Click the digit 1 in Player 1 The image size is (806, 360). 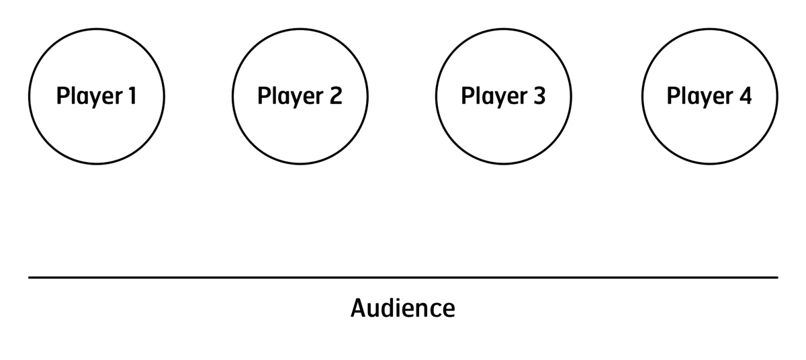132,95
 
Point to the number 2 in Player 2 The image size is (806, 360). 336,95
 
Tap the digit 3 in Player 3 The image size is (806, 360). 539,95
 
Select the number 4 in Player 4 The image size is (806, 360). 745,95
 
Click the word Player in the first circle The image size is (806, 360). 90,97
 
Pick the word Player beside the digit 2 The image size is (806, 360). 291,97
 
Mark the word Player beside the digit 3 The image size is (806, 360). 495,97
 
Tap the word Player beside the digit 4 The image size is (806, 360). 700,97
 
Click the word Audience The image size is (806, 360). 403,308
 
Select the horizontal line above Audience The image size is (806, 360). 404,277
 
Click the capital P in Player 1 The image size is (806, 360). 63,95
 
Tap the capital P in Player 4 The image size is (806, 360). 673,95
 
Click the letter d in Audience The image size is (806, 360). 390,308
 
